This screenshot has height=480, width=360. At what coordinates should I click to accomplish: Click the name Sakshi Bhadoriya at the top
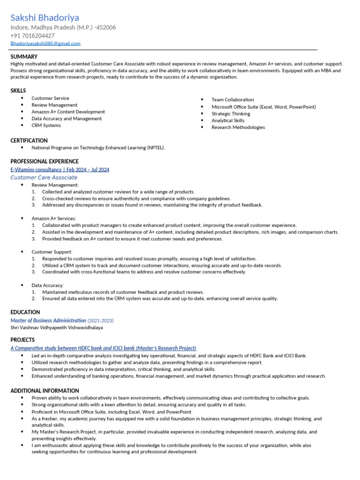(45, 18)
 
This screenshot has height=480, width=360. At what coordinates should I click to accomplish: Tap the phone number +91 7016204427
(32, 36)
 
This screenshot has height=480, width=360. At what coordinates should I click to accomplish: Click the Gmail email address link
(45, 44)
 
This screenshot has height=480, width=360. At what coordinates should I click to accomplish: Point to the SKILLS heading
(18, 90)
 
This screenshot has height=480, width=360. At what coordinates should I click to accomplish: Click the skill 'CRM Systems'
(46, 126)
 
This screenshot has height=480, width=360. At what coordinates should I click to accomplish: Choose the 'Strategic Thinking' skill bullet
(231, 113)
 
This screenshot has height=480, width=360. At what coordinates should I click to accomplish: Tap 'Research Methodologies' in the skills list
(238, 127)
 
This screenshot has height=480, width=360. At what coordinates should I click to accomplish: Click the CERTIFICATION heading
(29, 141)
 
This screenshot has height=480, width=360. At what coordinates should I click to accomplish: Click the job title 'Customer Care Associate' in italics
(44, 178)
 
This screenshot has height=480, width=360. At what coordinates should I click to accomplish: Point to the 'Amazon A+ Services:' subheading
(53, 218)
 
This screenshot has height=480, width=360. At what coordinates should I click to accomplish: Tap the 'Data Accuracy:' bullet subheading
(47, 285)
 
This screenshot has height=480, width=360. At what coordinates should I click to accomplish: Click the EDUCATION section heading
(25, 312)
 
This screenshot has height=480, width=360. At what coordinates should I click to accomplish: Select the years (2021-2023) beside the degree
(100, 321)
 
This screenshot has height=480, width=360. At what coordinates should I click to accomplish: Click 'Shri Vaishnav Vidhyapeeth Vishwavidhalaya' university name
(57, 328)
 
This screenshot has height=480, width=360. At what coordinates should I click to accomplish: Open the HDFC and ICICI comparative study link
(103, 348)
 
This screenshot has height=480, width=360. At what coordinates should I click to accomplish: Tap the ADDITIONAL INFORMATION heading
(45, 390)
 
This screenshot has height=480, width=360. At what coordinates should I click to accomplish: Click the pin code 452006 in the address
(106, 28)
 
